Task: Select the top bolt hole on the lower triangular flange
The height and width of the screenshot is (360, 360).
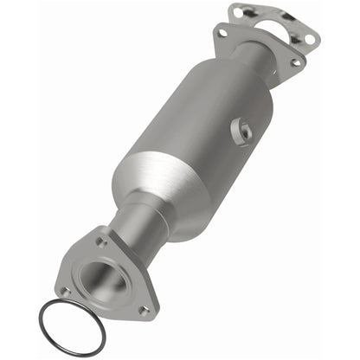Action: coord(102,241)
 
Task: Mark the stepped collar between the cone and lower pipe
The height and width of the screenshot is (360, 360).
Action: coord(138,210)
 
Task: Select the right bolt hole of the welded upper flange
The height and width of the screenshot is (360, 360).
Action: coord(295,61)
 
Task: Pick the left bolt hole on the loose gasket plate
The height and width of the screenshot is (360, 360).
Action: coord(239,11)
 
